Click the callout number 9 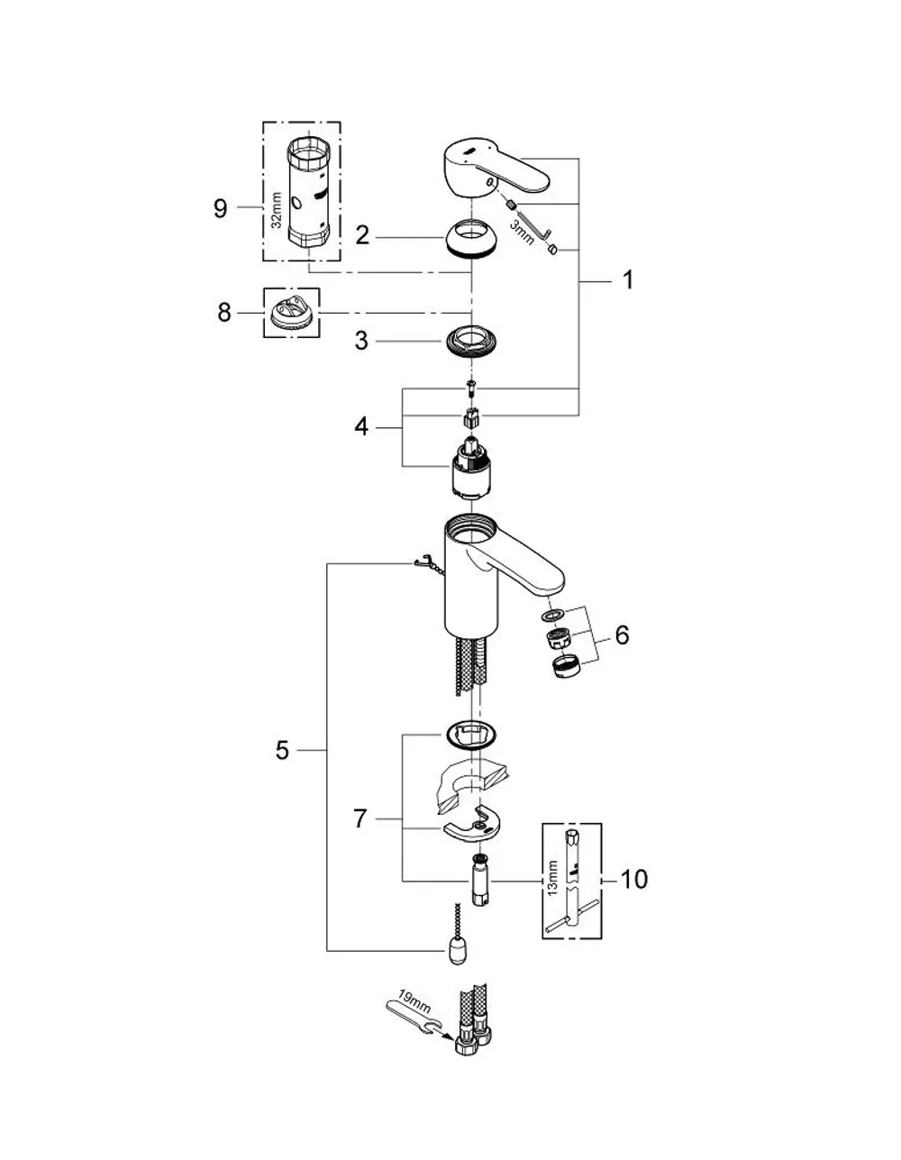pos(221,208)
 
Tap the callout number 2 pos(362,235)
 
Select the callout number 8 pos(224,312)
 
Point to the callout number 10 pos(633,879)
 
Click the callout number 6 pos(622,635)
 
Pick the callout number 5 pos(282,750)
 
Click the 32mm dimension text pos(276,210)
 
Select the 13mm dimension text pos(552,878)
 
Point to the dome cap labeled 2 pos(471,239)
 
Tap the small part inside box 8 pos(291,313)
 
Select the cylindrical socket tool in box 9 pos(309,192)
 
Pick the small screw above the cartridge pos(470,388)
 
